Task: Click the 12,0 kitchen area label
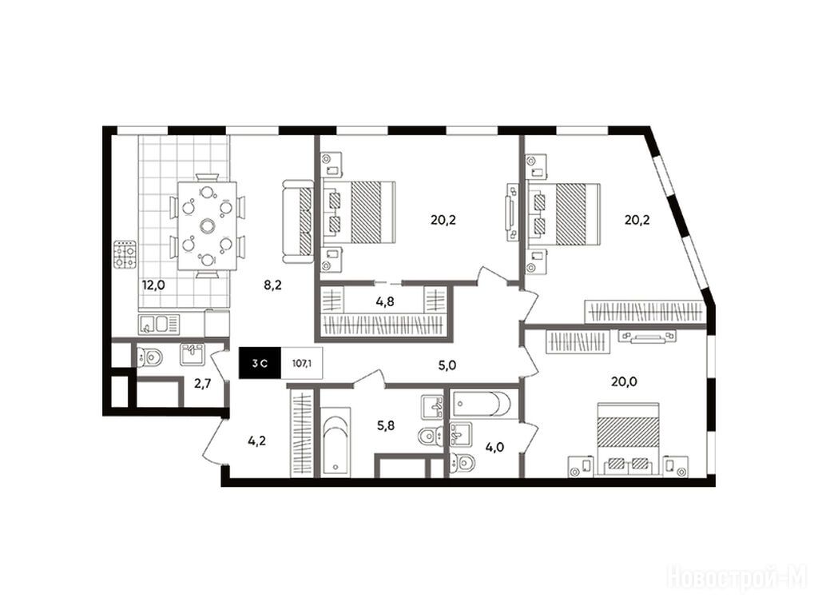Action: (153, 285)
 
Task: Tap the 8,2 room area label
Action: (272, 285)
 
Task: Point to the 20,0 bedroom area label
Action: (624, 381)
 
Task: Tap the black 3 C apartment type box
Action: (260, 363)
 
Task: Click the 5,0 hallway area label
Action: (447, 365)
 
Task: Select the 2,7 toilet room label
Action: (202, 385)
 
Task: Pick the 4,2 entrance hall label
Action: (256, 441)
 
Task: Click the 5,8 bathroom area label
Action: (386, 425)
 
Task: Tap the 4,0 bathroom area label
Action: (494, 447)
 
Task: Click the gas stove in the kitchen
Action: (125, 253)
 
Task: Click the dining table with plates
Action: (208, 225)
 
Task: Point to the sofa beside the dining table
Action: (298, 221)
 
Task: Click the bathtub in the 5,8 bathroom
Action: (335, 443)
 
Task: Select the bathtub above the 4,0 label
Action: (483, 404)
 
